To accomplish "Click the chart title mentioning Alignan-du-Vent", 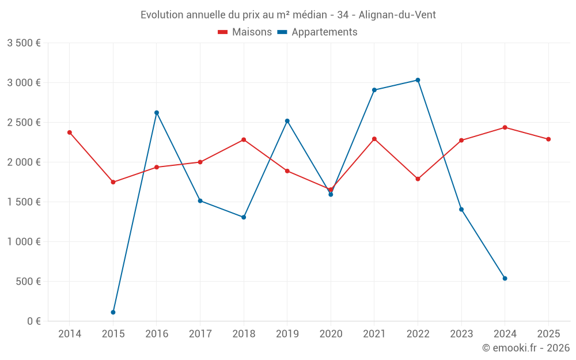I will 288,15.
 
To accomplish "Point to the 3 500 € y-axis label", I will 24,43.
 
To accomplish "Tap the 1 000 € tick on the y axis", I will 24,242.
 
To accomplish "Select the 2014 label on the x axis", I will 70,334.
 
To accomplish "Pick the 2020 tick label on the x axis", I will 331,334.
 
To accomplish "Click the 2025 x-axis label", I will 548,334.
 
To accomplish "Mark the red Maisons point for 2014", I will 70,132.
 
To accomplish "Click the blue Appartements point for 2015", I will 113,312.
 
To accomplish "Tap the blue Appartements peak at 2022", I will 418,80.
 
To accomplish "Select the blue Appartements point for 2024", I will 505,278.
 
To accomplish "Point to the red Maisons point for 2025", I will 548,139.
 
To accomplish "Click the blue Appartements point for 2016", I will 157,113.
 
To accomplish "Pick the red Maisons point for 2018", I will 244,140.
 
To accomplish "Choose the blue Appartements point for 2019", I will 287,121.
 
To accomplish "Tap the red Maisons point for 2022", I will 418,179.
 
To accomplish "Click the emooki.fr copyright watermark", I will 525,348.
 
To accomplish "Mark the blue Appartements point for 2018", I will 244,217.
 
